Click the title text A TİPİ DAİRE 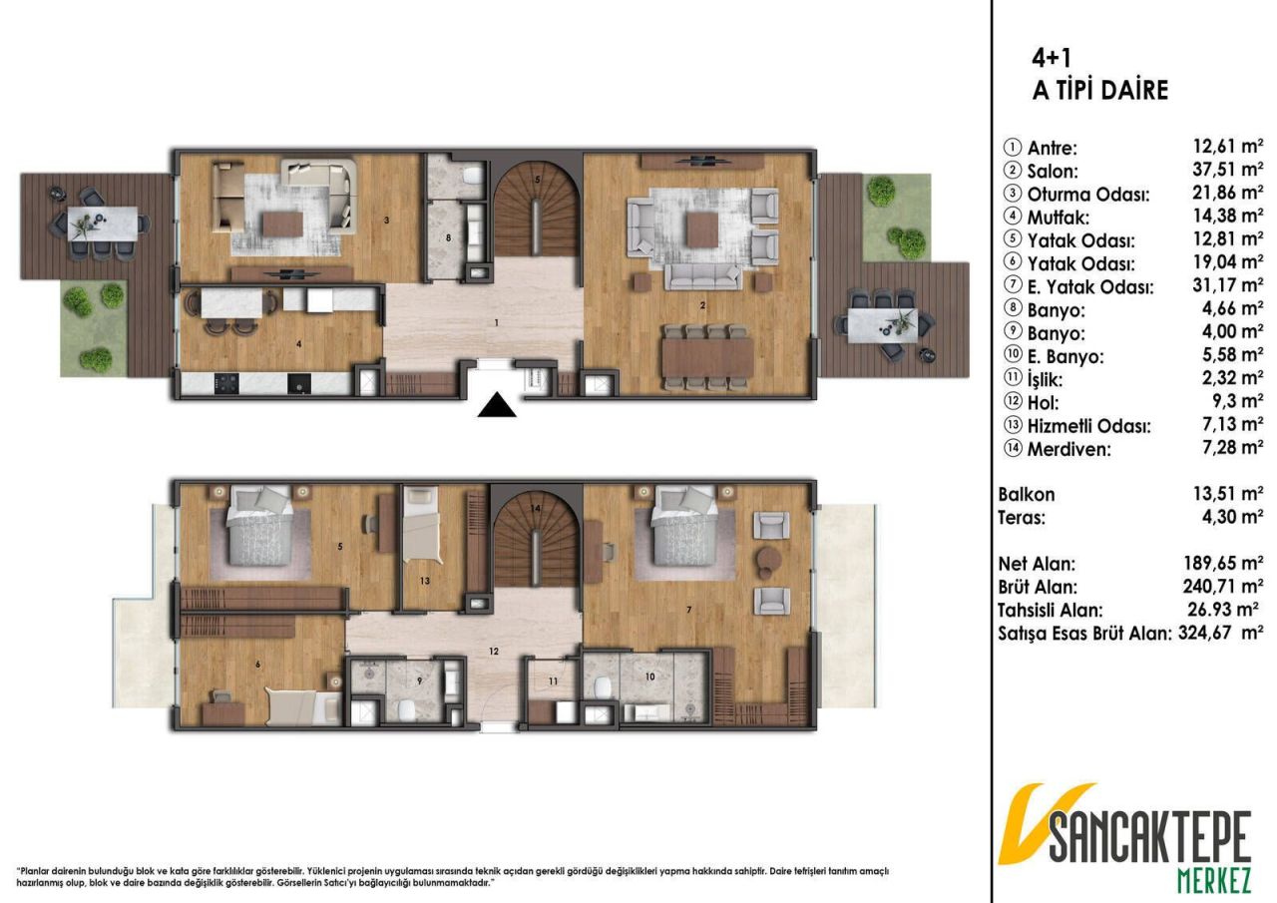(x=1099, y=91)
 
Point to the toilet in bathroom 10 (x=602, y=689)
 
